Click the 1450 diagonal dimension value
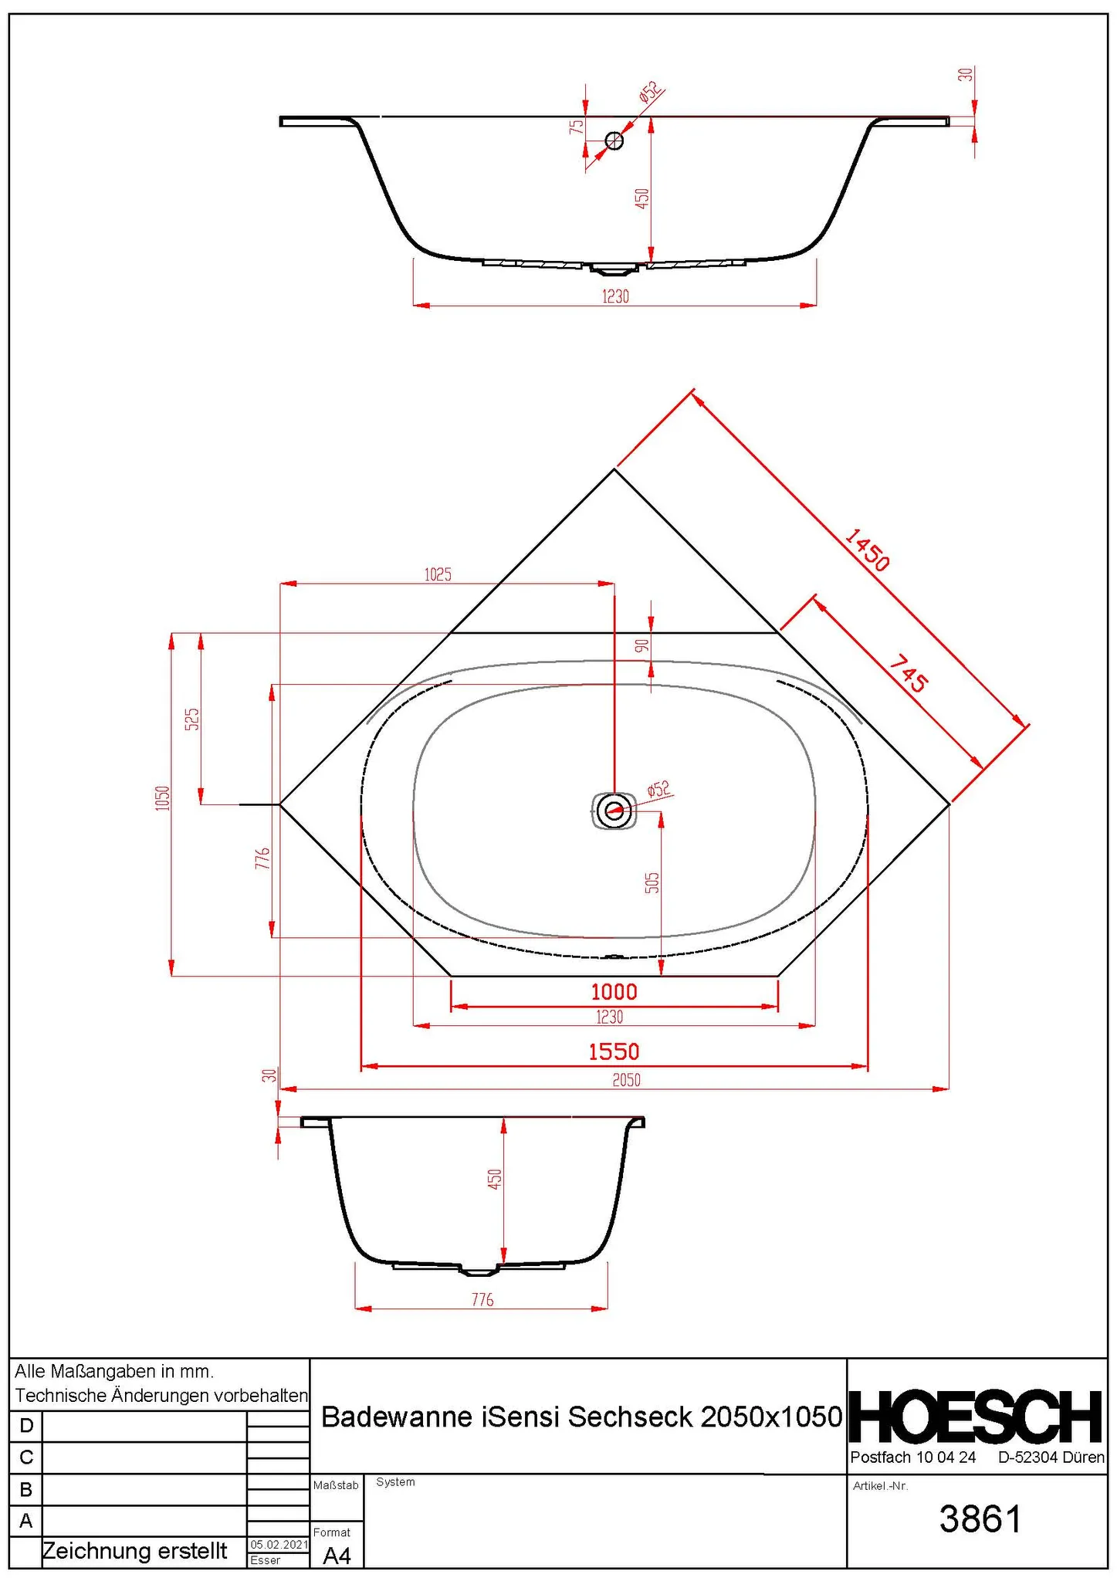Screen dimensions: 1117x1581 [868, 550]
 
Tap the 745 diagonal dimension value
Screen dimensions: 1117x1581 [909, 673]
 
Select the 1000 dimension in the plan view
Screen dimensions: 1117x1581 [614, 991]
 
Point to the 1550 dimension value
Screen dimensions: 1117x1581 [614, 1051]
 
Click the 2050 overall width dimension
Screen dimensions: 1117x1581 [626, 1080]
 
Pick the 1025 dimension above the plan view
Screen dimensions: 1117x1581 [438, 574]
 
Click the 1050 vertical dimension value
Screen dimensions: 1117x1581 [162, 797]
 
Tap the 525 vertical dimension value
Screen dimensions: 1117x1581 [192, 719]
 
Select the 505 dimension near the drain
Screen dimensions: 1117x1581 [652, 883]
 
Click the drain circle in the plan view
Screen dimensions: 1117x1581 [614, 811]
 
